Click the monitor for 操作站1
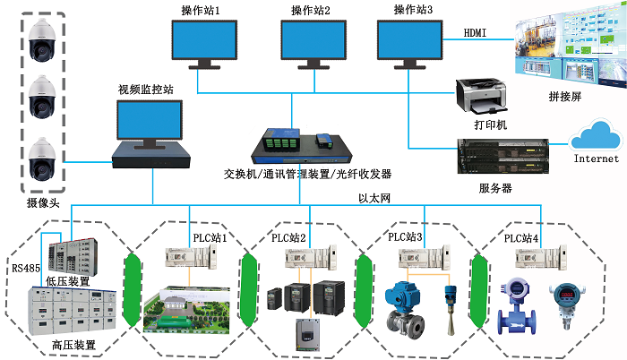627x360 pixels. pos(205,40)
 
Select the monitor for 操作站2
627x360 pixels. pos(312,40)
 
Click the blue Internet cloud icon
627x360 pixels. pos(597,139)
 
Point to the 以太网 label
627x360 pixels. pos(376,197)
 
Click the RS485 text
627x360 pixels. pos(24,266)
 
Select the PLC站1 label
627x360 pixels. pos(210,237)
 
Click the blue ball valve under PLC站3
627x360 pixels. pos(398,309)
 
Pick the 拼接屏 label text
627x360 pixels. pos(564,97)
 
